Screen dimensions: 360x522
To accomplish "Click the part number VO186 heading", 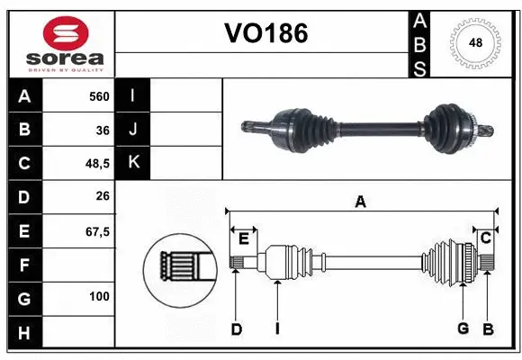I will pyautogui.click(x=265, y=34).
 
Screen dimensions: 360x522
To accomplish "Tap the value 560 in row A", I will pyautogui.click(x=99, y=95).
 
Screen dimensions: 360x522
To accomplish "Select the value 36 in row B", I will pyautogui.click(x=103, y=130).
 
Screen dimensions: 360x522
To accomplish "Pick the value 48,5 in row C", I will pyautogui.click(x=96, y=164).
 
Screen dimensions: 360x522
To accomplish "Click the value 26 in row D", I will pyautogui.click(x=103, y=197).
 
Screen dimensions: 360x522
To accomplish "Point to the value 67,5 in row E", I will pyautogui.click(x=96, y=231).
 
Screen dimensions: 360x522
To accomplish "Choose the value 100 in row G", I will pyautogui.click(x=99, y=296).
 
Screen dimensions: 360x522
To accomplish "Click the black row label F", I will pyautogui.click(x=23, y=265).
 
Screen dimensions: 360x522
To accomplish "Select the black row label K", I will pyautogui.click(x=133, y=163).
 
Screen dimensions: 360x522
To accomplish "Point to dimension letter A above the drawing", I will pyautogui.click(x=360, y=202).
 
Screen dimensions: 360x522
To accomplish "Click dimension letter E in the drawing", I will pyautogui.click(x=243, y=237).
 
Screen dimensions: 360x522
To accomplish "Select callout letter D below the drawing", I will pyautogui.click(x=236, y=329).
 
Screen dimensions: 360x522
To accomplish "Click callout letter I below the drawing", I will pyautogui.click(x=277, y=329).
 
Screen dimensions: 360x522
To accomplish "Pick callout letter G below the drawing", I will pyautogui.click(x=463, y=328).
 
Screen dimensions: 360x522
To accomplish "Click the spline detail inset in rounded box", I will pyautogui.click(x=180, y=266).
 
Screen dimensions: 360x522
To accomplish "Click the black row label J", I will pyautogui.click(x=133, y=130).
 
